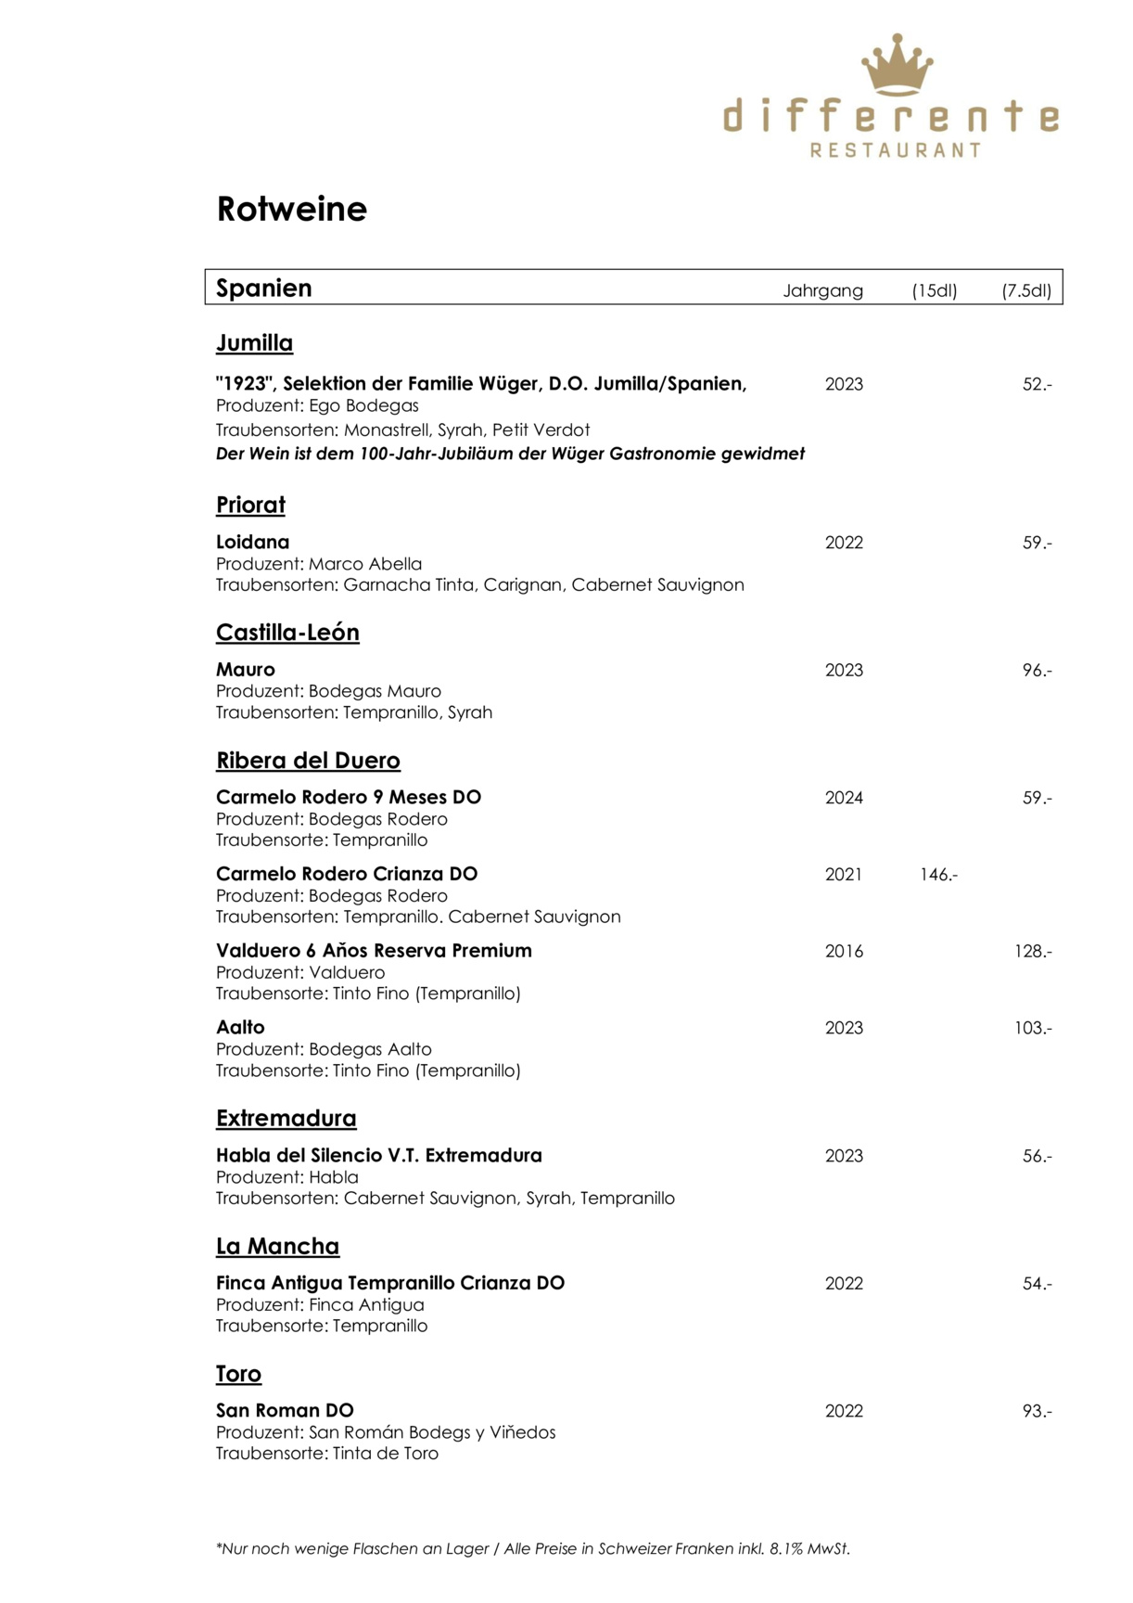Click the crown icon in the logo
pos(897,64)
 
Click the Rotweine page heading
pos(291,209)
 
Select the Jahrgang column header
pos(822,290)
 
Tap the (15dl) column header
pos(934,290)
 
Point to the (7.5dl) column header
pos(1026,290)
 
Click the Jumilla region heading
pos(254,343)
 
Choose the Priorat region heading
pos(250,506)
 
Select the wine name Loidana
pos(252,542)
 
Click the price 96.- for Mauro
pos(1037,670)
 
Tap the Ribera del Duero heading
pos(308,761)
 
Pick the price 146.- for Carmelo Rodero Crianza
pos(938,874)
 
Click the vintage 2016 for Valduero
pos(844,951)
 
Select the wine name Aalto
pos(240,1027)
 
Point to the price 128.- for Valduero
pos(1033,951)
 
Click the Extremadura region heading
pos(286,1119)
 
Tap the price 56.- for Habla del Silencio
pos(1037,1156)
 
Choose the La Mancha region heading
pos(277,1246)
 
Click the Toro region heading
pos(238,1374)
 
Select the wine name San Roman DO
pos(285,1410)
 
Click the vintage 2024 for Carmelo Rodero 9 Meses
pos(844,798)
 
